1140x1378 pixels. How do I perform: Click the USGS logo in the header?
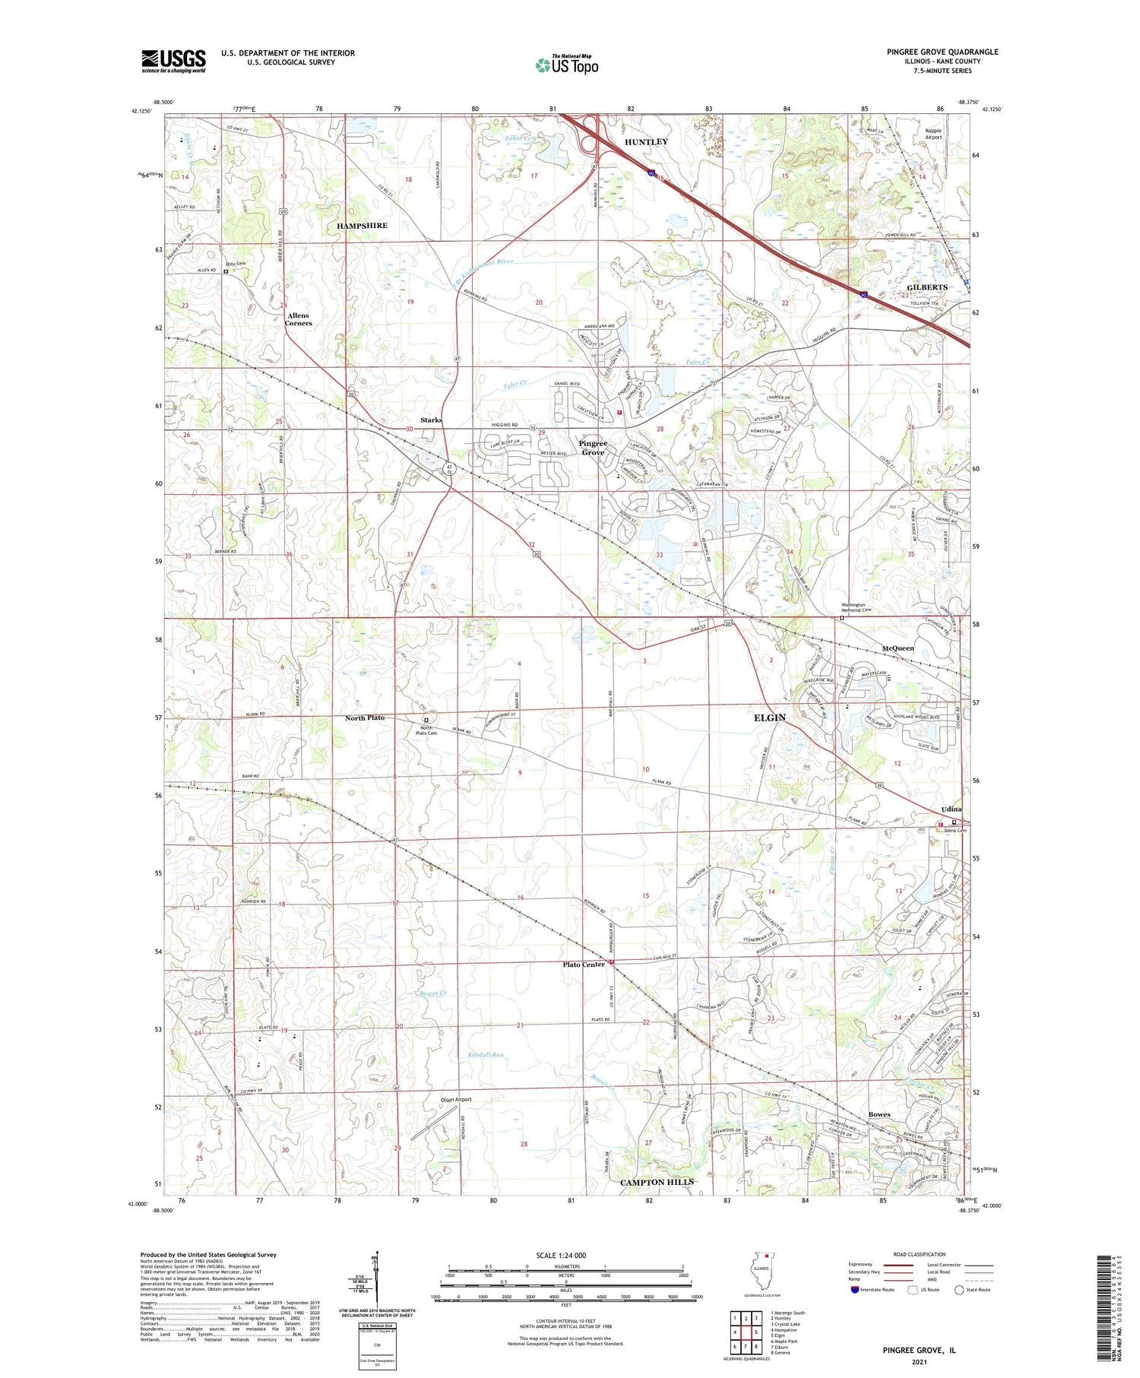pyautogui.click(x=173, y=61)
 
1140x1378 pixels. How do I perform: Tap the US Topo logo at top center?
pyautogui.click(x=567, y=65)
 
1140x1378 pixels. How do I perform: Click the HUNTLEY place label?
pyautogui.click(x=646, y=142)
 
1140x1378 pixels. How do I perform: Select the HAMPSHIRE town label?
pyautogui.click(x=362, y=226)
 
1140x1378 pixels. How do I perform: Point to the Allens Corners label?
pyautogui.click(x=298, y=319)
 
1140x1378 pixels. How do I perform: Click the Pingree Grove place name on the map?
pyautogui.click(x=593, y=448)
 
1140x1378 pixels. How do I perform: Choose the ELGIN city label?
pyautogui.click(x=769, y=718)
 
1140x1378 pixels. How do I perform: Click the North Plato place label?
pyautogui.click(x=365, y=718)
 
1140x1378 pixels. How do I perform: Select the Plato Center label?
pyautogui.click(x=584, y=965)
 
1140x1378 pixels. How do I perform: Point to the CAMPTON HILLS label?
pyautogui.click(x=657, y=1183)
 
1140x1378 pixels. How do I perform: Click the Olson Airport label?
pyautogui.click(x=456, y=1100)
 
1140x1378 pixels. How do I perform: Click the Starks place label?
pyautogui.click(x=431, y=420)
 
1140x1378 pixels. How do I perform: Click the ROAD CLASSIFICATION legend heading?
pyautogui.click(x=920, y=1255)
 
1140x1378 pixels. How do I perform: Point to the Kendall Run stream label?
pyautogui.click(x=485, y=1055)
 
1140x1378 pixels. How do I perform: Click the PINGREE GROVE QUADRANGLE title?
pyautogui.click(x=942, y=52)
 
